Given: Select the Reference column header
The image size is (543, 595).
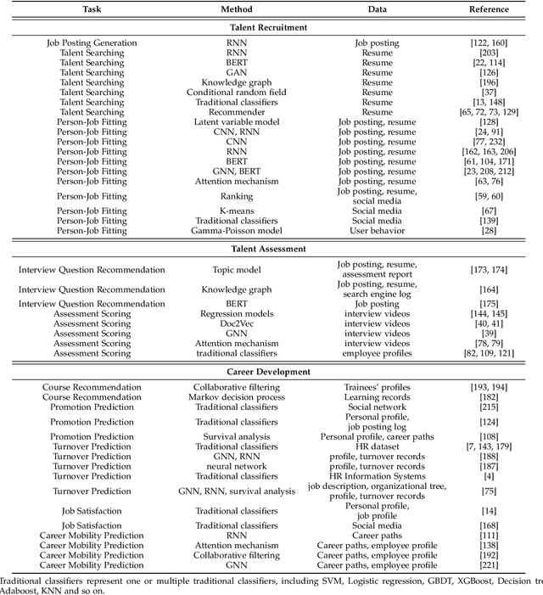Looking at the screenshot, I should tap(490, 9).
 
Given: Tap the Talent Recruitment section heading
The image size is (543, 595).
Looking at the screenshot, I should tap(271, 27).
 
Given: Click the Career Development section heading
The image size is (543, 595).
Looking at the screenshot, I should tap(271, 372).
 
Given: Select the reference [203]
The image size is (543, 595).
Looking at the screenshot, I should tap(490, 53).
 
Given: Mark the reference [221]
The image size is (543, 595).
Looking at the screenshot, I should tap(490, 564).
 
